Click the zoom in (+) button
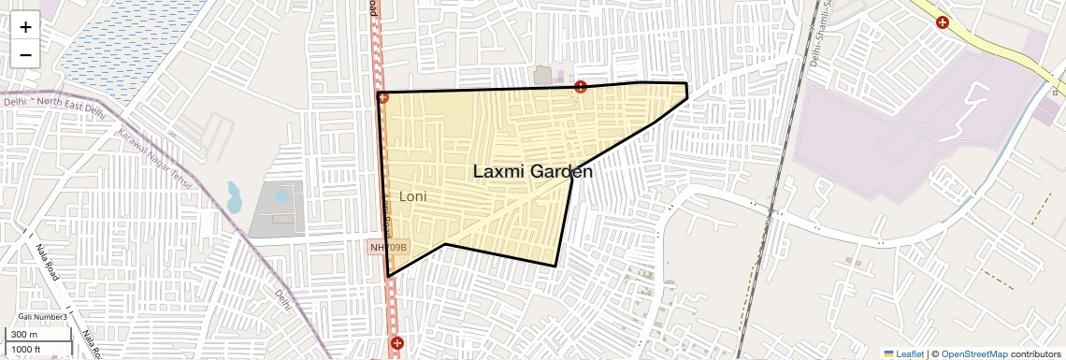25,27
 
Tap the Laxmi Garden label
532,172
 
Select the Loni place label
412,197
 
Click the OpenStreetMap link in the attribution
973,354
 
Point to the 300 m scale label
25,335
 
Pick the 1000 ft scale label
28,349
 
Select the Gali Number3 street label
42,317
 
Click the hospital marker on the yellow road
943,22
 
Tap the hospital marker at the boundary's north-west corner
382,97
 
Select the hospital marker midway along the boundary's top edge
581,87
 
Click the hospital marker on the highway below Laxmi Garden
397,343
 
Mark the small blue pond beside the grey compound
234,197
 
